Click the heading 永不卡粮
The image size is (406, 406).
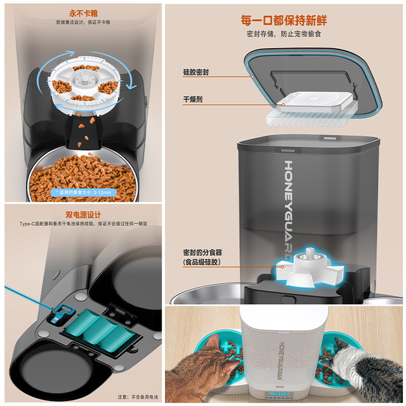click(82, 11)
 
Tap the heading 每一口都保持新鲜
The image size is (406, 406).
click(284, 19)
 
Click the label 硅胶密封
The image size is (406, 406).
click(197, 72)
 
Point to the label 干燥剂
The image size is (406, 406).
click(193, 100)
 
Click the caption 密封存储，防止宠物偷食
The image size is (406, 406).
click(284, 33)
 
